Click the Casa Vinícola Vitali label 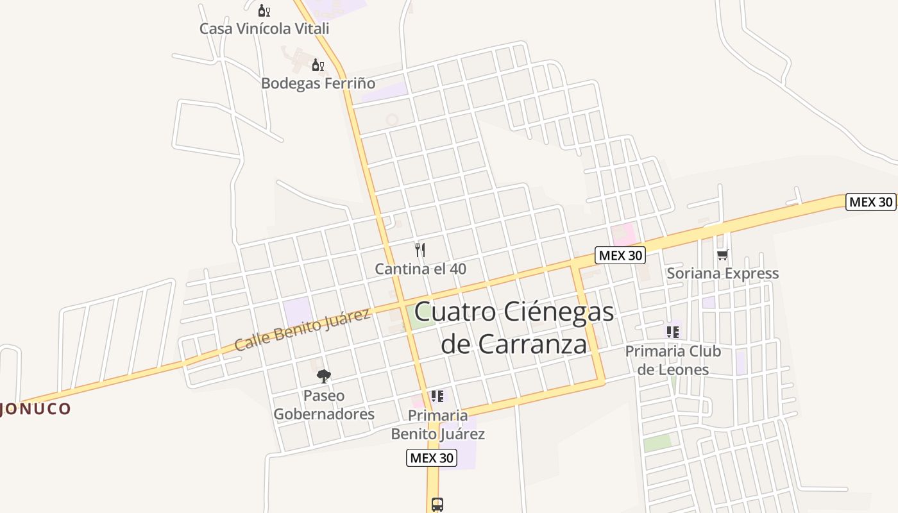[264, 29]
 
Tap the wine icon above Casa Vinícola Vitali [264, 11]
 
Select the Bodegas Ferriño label [318, 83]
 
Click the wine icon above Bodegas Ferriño [318, 65]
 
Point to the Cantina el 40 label [421, 269]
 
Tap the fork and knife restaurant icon [420, 250]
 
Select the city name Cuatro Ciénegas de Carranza [514, 328]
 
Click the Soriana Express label [723, 274]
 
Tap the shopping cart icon [723, 255]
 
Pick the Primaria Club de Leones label [673, 360]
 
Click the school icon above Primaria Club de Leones [672, 332]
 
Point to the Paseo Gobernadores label [324, 405]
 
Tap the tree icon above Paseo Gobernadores [324, 376]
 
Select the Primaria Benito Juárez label [438, 425]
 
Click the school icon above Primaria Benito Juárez [437, 396]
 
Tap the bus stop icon [437, 505]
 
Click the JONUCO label [35, 409]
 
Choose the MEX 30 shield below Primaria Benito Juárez [432, 458]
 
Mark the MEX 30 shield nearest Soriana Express [620, 255]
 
